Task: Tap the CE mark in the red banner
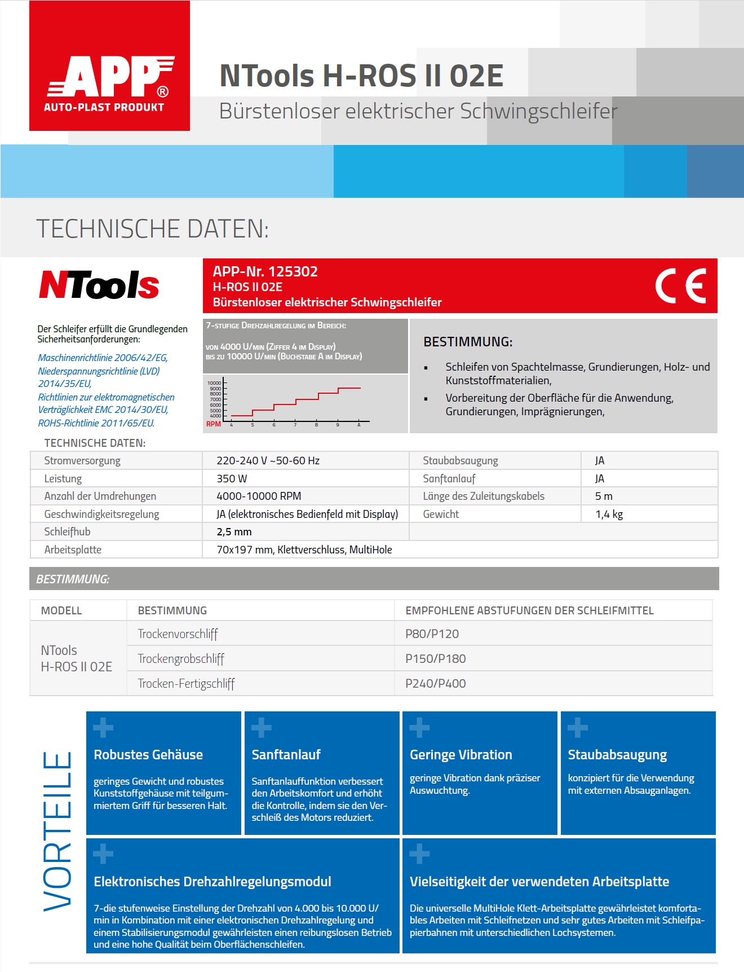[x=680, y=285]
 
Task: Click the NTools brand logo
[x=99, y=285]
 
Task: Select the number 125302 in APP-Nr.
[x=293, y=271]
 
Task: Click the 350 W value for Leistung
[x=232, y=478]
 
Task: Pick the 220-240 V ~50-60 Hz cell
[x=268, y=460]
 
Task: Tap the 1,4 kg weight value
[x=609, y=514]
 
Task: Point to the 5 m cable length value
[x=604, y=496]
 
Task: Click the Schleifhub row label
[x=67, y=531]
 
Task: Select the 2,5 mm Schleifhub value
[x=234, y=531]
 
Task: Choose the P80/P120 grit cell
[x=432, y=634]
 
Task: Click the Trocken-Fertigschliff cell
[x=186, y=684]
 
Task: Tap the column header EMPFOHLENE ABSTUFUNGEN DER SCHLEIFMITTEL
[x=529, y=610]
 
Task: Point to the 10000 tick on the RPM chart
[x=215, y=383]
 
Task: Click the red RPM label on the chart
[x=213, y=424]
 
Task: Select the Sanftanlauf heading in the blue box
[x=286, y=755]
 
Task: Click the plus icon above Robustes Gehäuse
[x=103, y=728]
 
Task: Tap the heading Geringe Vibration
[x=460, y=755]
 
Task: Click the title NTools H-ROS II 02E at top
[x=361, y=76]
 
